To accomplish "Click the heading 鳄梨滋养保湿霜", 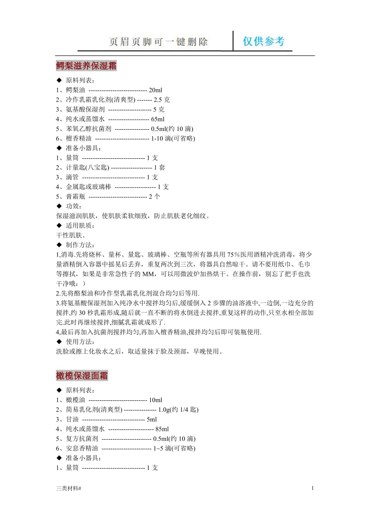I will click(x=86, y=66).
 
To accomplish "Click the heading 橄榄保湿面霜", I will click(x=82, y=376).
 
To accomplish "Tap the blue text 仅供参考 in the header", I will click(x=263, y=41).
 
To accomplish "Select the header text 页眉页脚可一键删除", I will click(x=158, y=42).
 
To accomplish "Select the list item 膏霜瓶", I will click(x=76, y=197).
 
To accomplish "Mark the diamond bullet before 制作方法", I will click(x=59, y=245).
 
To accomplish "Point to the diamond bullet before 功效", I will click(x=59, y=206).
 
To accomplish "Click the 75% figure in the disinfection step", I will click(x=233, y=255).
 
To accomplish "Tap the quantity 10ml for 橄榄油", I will click(x=155, y=400).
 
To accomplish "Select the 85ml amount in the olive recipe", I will click(x=162, y=429).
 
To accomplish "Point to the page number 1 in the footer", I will click(x=312, y=488).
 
